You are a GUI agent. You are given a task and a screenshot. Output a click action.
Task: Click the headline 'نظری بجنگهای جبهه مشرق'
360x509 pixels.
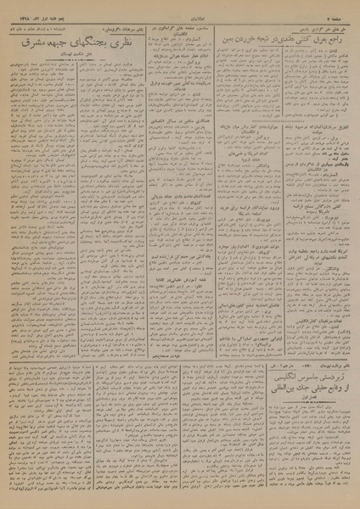coord(71,50)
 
